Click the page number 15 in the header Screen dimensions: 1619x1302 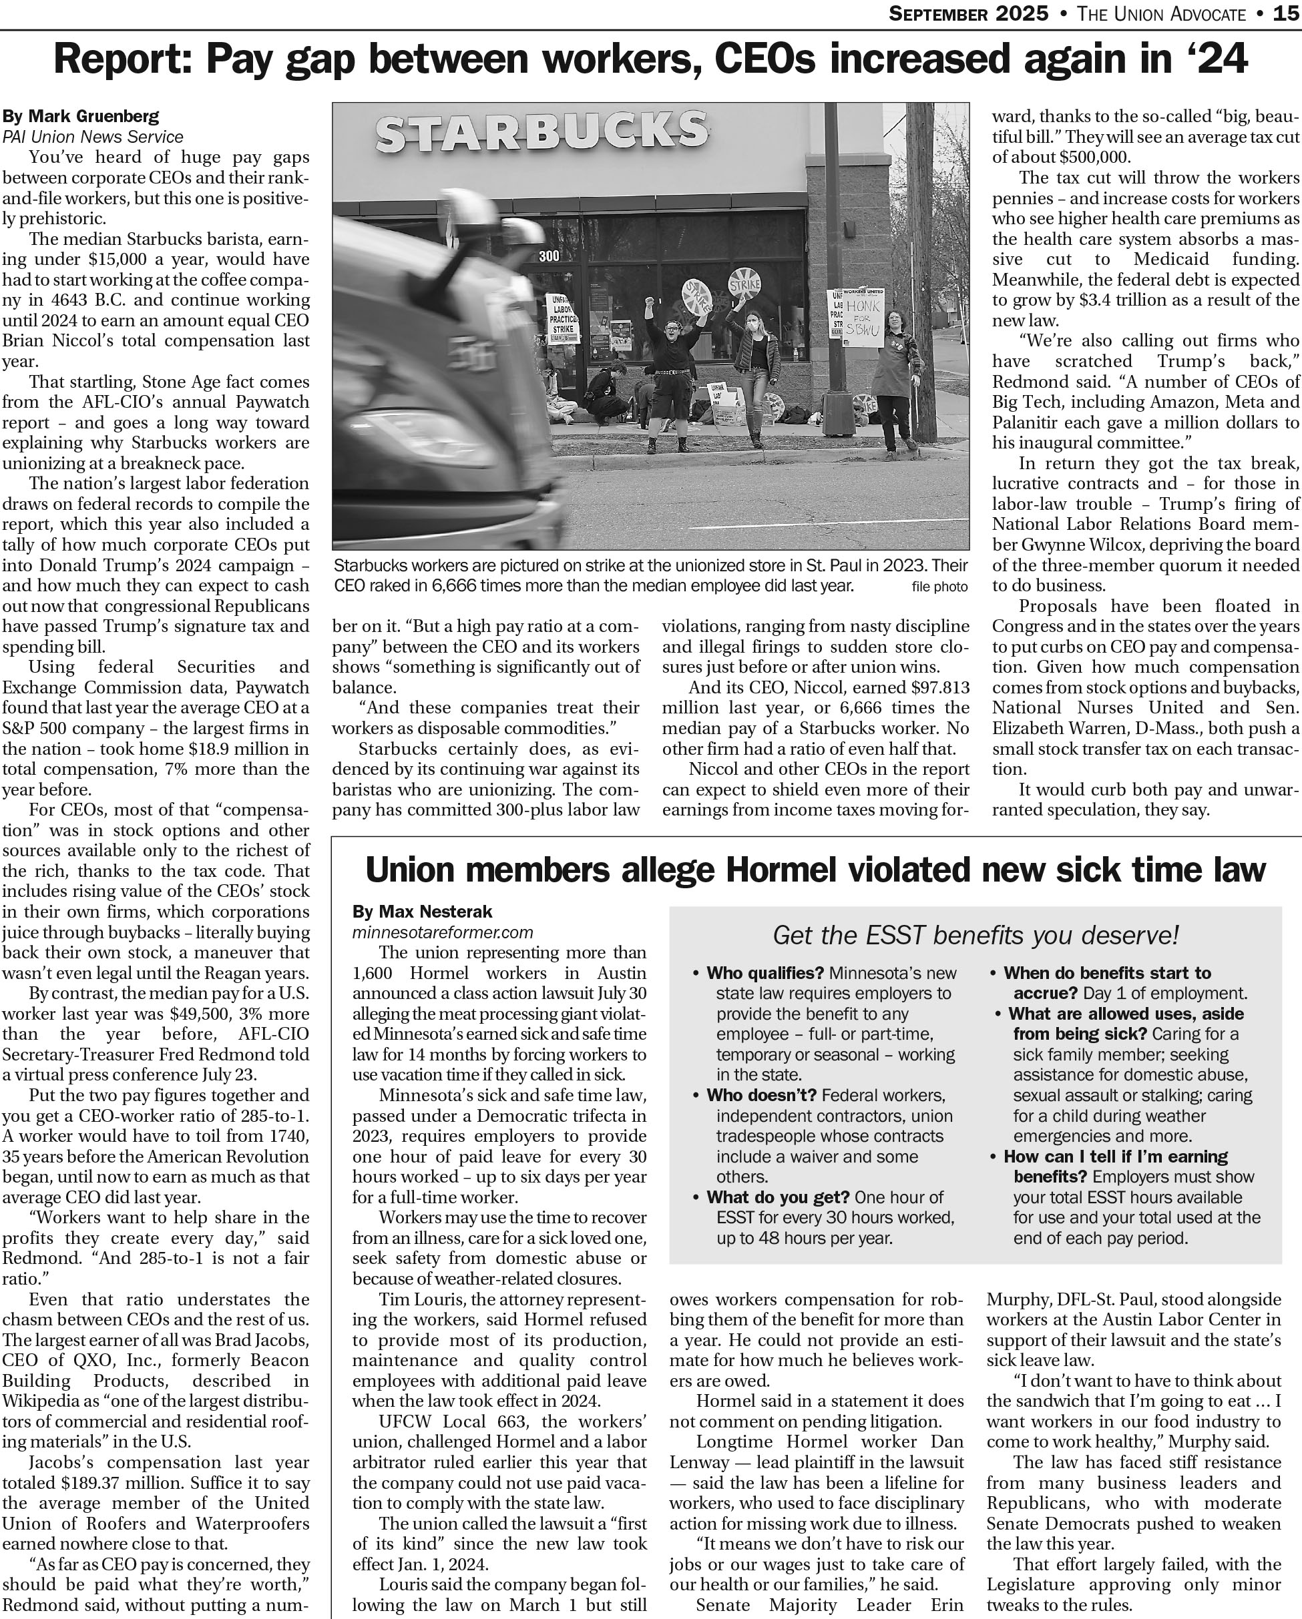coord(1286,13)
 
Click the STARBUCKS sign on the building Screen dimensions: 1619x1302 coord(541,131)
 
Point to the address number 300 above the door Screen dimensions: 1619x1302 coord(550,256)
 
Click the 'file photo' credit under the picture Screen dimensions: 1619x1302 coord(939,587)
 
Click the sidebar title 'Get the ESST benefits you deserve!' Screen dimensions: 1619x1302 coord(975,935)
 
